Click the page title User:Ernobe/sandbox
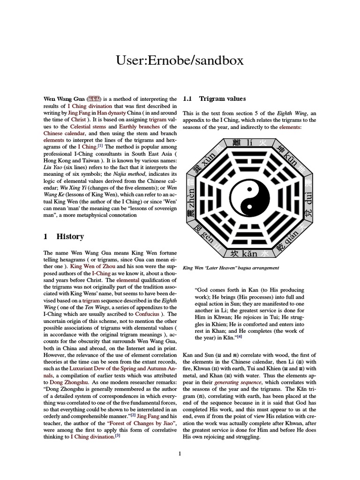point(180,61)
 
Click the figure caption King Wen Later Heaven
point(231,268)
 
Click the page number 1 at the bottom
point(180,453)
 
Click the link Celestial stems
point(87,127)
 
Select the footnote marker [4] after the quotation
point(239,336)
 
